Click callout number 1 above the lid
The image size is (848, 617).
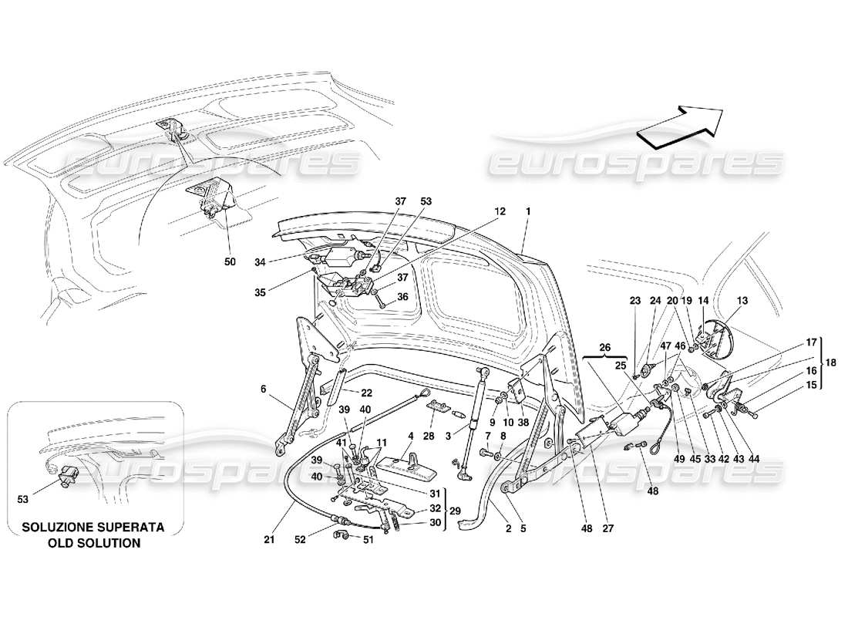point(528,211)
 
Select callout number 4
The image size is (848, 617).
point(411,437)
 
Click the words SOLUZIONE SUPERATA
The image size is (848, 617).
point(92,528)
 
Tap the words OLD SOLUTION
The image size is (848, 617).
point(92,543)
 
